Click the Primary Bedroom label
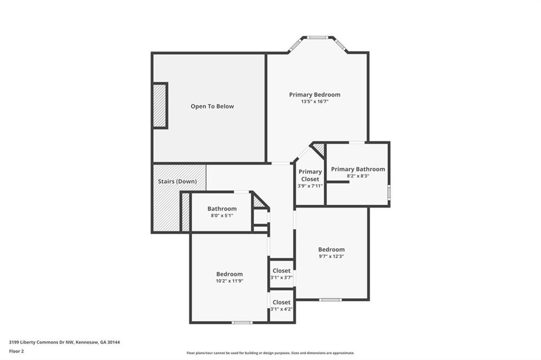pos(315,95)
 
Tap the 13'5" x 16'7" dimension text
pos(315,102)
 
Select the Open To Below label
pos(212,106)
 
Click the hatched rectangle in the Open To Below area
pos(160,106)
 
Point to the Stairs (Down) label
pos(178,182)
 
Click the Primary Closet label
pos(310,175)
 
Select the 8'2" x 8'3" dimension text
pos(358,176)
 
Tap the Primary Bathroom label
pos(358,169)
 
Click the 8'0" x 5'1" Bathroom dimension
pos(222,215)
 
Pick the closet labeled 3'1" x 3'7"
pos(282,274)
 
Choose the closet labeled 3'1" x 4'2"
pos(282,306)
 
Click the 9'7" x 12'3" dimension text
pos(331,256)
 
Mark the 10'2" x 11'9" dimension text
pos(229,281)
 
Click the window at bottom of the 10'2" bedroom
pos(242,323)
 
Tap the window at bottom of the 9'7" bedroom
pos(330,300)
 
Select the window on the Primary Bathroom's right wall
pos(389,192)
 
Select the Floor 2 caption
pos(16,352)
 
